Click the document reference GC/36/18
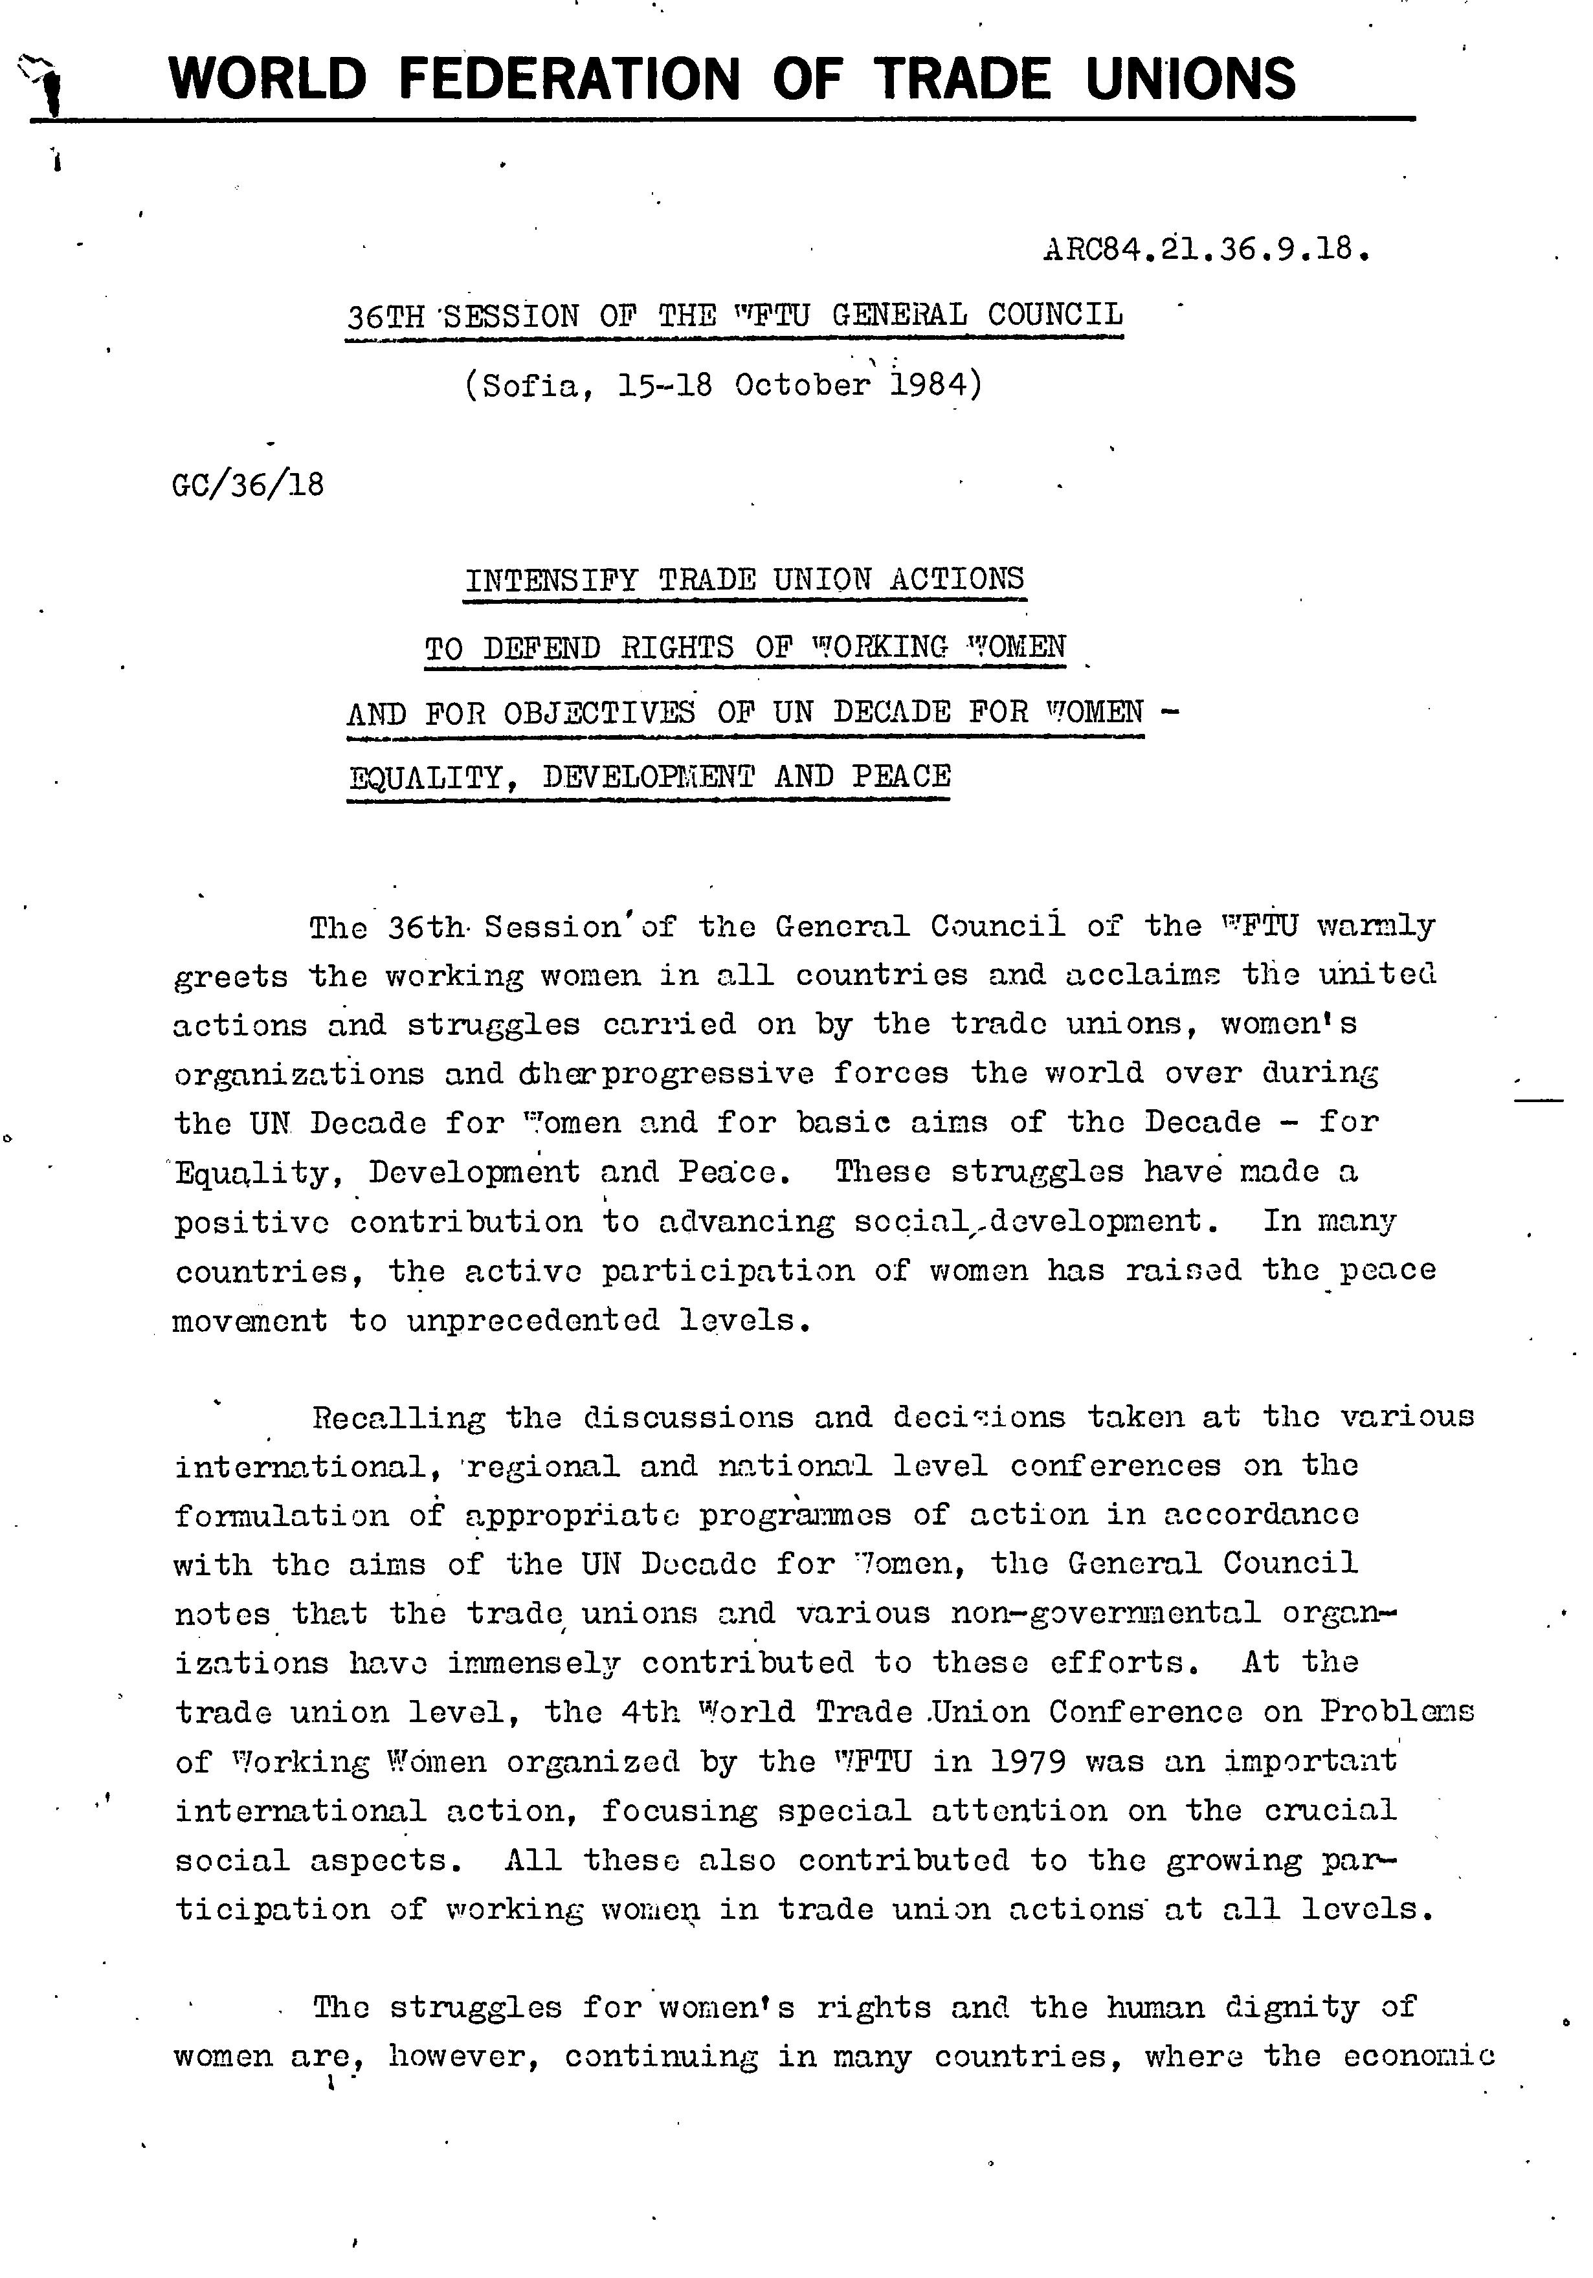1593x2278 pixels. (248, 485)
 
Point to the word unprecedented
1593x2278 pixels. (533, 1321)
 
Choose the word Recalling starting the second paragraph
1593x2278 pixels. (399, 1417)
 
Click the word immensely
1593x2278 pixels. (534, 1662)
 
